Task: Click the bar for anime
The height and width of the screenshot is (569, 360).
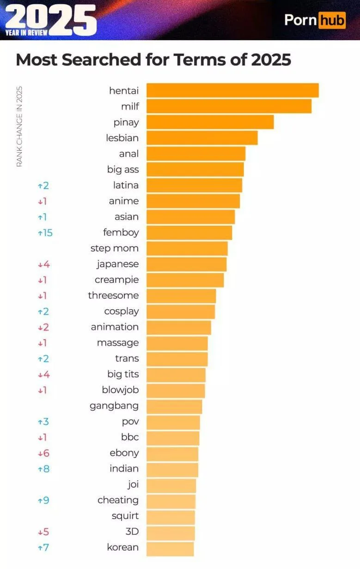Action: (193, 201)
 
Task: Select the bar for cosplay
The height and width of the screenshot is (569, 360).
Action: (181, 311)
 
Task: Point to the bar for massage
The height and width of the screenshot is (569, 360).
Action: (177, 343)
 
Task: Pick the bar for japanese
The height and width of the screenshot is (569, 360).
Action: (187, 264)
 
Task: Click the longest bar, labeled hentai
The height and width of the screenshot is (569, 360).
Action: (232, 91)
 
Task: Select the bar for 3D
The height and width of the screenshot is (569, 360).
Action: (171, 532)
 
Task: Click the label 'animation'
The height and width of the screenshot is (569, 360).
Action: (115, 327)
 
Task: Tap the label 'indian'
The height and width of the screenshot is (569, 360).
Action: (124, 469)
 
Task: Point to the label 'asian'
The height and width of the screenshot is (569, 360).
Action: (127, 217)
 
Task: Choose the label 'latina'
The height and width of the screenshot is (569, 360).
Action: (126, 185)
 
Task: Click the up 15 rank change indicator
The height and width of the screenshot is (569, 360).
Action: (45, 232)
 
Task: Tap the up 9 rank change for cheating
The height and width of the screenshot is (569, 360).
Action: (43, 500)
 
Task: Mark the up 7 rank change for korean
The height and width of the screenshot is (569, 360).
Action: (43, 548)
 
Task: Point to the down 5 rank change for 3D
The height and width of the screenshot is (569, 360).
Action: (43, 532)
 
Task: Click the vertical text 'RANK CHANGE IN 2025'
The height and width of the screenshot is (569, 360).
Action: (19, 127)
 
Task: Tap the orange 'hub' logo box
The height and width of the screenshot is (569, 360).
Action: (332, 20)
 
